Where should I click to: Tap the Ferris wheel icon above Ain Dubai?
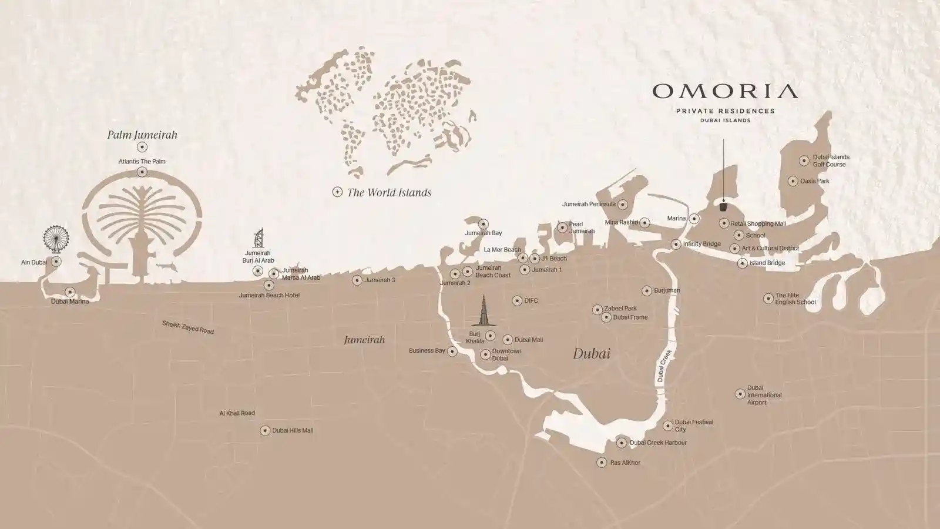click(56, 238)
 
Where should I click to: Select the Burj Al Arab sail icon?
click(258, 238)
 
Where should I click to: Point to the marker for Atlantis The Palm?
click(142, 172)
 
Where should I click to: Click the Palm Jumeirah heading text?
click(142, 135)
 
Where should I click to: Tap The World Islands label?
click(389, 192)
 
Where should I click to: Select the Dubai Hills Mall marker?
click(265, 430)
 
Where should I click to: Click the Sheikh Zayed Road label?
click(188, 327)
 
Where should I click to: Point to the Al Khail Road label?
click(237, 413)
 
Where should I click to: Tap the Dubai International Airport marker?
click(740, 394)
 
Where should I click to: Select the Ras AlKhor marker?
click(602, 463)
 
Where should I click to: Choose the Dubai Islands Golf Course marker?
click(804, 160)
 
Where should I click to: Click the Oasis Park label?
click(815, 181)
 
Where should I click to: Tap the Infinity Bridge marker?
click(676, 244)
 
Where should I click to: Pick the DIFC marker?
click(517, 300)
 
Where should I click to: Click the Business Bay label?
click(427, 351)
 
